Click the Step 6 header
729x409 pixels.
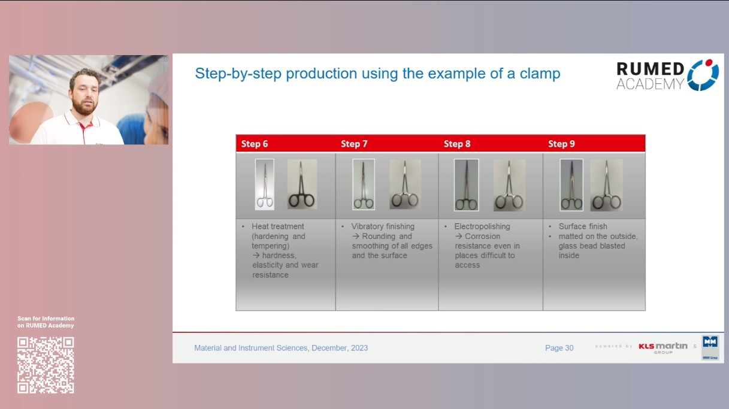point(255,144)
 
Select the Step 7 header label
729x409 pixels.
point(354,144)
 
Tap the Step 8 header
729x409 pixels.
point(457,144)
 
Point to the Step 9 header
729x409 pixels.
point(561,144)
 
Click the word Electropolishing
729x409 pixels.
point(482,226)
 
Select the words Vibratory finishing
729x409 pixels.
point(383,226)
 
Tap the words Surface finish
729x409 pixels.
point(583,226)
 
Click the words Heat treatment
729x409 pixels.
point(278,226)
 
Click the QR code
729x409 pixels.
point(46,365)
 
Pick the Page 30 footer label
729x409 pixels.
point(559,348)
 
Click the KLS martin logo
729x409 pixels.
point(663,347)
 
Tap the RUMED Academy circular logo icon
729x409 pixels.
point(703,75)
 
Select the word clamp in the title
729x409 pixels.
point(539,74)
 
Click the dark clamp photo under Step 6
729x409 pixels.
point(302,184)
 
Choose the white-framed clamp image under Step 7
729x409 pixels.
point(364,184)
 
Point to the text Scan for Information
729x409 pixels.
point(46,319)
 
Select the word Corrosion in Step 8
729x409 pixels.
point(482,236)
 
